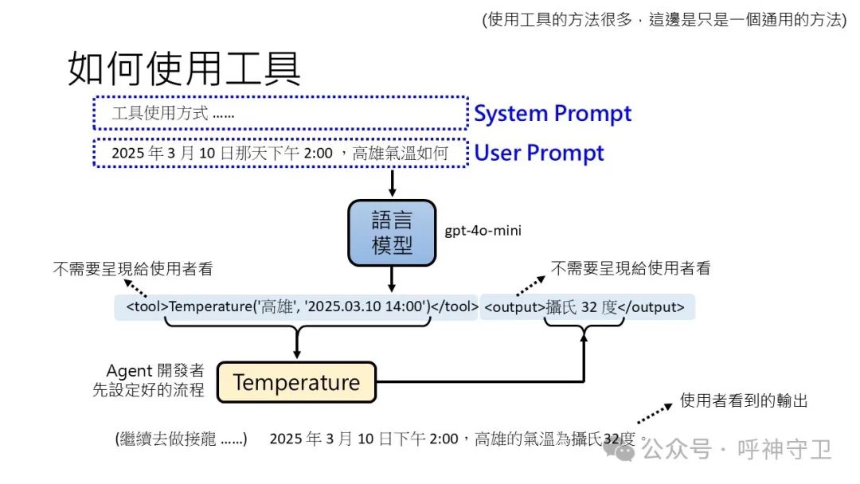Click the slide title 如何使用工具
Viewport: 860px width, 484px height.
(184, 69)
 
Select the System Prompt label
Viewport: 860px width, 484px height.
(553, 114)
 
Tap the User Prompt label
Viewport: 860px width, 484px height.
(539, 153)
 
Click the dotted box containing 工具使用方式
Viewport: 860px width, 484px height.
(279, 113)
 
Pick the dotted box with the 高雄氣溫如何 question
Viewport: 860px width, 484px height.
(279, 153)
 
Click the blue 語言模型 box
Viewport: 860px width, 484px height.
(392, 232)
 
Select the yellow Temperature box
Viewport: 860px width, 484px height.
(296, 383)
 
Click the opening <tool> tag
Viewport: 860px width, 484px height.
(147, 306)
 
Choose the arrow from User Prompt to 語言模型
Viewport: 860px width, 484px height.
(392, 184)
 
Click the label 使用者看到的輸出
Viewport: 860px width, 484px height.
(744, 401)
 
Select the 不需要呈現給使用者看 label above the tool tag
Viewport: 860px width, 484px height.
(133, 269)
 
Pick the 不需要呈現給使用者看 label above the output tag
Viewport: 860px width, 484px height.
(630, 269)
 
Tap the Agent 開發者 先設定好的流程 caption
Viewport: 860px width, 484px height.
(155, 381)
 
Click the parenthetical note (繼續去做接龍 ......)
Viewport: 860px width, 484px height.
(182, 439)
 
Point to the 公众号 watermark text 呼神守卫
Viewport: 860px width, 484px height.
(784, 450)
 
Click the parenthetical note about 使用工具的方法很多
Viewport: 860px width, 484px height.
(664, 20)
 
